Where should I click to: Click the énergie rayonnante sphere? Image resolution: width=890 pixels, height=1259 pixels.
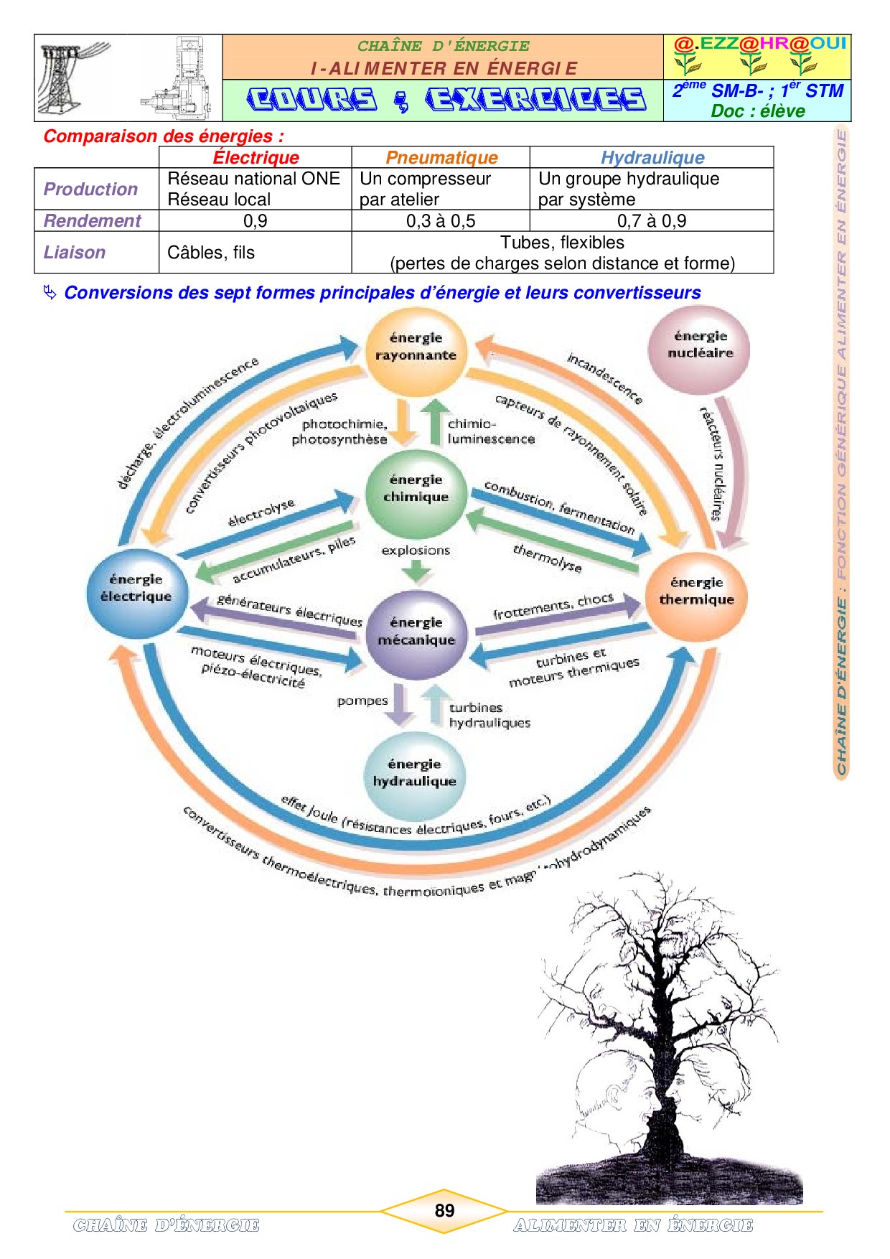[416, 347]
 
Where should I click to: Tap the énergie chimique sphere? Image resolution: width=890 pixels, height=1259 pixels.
[416, 490]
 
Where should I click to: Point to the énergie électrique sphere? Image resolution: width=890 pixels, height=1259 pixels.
[136, 589]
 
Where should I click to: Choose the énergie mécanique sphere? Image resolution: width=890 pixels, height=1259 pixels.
[416, 632]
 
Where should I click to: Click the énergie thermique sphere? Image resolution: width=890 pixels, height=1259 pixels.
[696, 592]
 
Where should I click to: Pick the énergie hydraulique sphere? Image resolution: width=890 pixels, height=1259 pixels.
[415, 774]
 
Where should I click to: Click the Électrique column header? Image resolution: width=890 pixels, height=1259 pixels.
[256, 157]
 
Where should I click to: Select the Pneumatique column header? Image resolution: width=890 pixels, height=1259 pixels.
[441, 157]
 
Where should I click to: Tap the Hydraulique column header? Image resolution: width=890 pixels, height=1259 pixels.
[652, 157]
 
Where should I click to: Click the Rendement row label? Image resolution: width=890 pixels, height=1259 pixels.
[92, 221]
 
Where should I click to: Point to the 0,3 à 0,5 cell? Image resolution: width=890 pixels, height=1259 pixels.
[441, 221]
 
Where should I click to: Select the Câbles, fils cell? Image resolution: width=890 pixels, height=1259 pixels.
[211, 253]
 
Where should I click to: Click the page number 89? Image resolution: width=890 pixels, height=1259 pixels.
[444, 1211]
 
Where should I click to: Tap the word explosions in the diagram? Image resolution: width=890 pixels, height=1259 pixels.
[416, 551]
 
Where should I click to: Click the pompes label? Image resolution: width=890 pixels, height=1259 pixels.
[362, 701]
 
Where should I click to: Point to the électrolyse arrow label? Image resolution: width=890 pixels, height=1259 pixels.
[261, 513]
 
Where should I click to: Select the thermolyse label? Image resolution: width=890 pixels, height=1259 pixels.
[547, 558]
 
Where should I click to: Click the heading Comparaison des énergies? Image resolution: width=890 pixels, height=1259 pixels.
[163, 136]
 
